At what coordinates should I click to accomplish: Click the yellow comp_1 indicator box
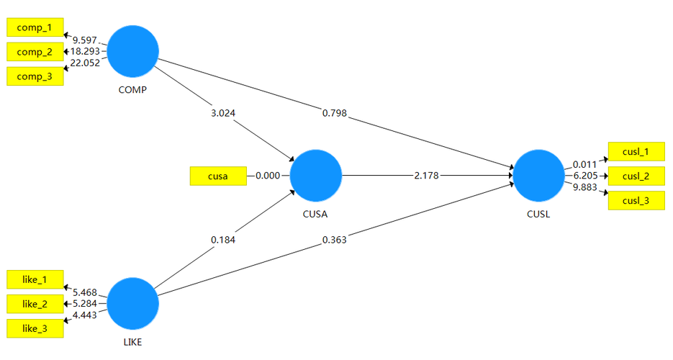pyautogui.click(x=35, y=27)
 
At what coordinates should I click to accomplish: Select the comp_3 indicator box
pyautogui.click(x=35, y=76)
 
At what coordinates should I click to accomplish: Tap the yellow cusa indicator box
pyautogui.click(x=217, y=176)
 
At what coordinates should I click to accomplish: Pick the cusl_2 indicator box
pyautogui.click(x=636, y=176)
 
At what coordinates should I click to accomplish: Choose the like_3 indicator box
pyautogui.click(x=35, y=328)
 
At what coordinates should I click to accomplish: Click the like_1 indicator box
pyautogui.click(x=35, y=279)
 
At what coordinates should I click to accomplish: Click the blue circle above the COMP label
pyautogui.click(x=133, y=51)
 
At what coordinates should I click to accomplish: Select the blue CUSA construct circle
pyautogui.click(x=315, y=176)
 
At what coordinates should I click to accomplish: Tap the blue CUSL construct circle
pyautogui.click(x=538, y=176)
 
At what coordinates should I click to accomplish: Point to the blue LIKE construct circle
pyautogui.click(x=133, y=303)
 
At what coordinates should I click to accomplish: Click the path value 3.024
pyautogui.click(x=221, y=113)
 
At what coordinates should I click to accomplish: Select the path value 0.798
pyautogui.click(x=335, y=112)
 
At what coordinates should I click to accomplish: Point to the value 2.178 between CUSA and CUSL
pyautogui.click(x=427, y=176)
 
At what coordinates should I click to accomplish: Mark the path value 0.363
pyautogui.click(x=335, y=240)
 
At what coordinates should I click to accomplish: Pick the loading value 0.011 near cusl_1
pyautogui.click(x=584, y=164)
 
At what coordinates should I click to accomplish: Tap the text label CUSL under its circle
pyautogui.click(x=538, y=214)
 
